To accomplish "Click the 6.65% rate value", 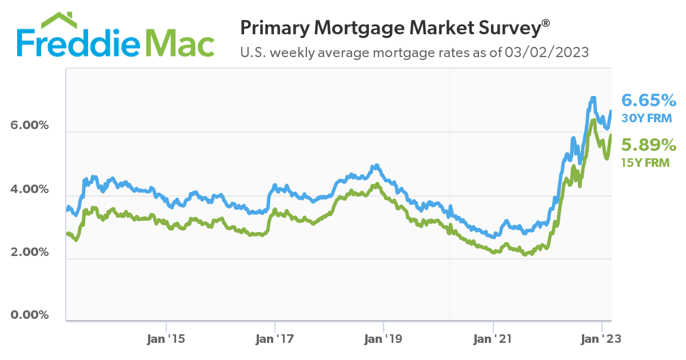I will pyautogui.click(x=649, y=101).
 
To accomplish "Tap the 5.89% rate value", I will pyautogui.click(x=649, y=145).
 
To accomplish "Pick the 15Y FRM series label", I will pyautogui.click(x=645, y=162).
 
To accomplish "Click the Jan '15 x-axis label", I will pyautogui.click(x=166, y=338).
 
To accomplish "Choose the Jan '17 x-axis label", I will pyautogui.click(x=275, y=338).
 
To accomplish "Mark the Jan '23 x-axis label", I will pyautogui.click(x=602, y=338).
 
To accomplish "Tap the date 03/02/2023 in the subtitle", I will pyautogui.click(x=547, y=53).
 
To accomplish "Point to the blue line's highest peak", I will pyautogui.click(x=593, y=98).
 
